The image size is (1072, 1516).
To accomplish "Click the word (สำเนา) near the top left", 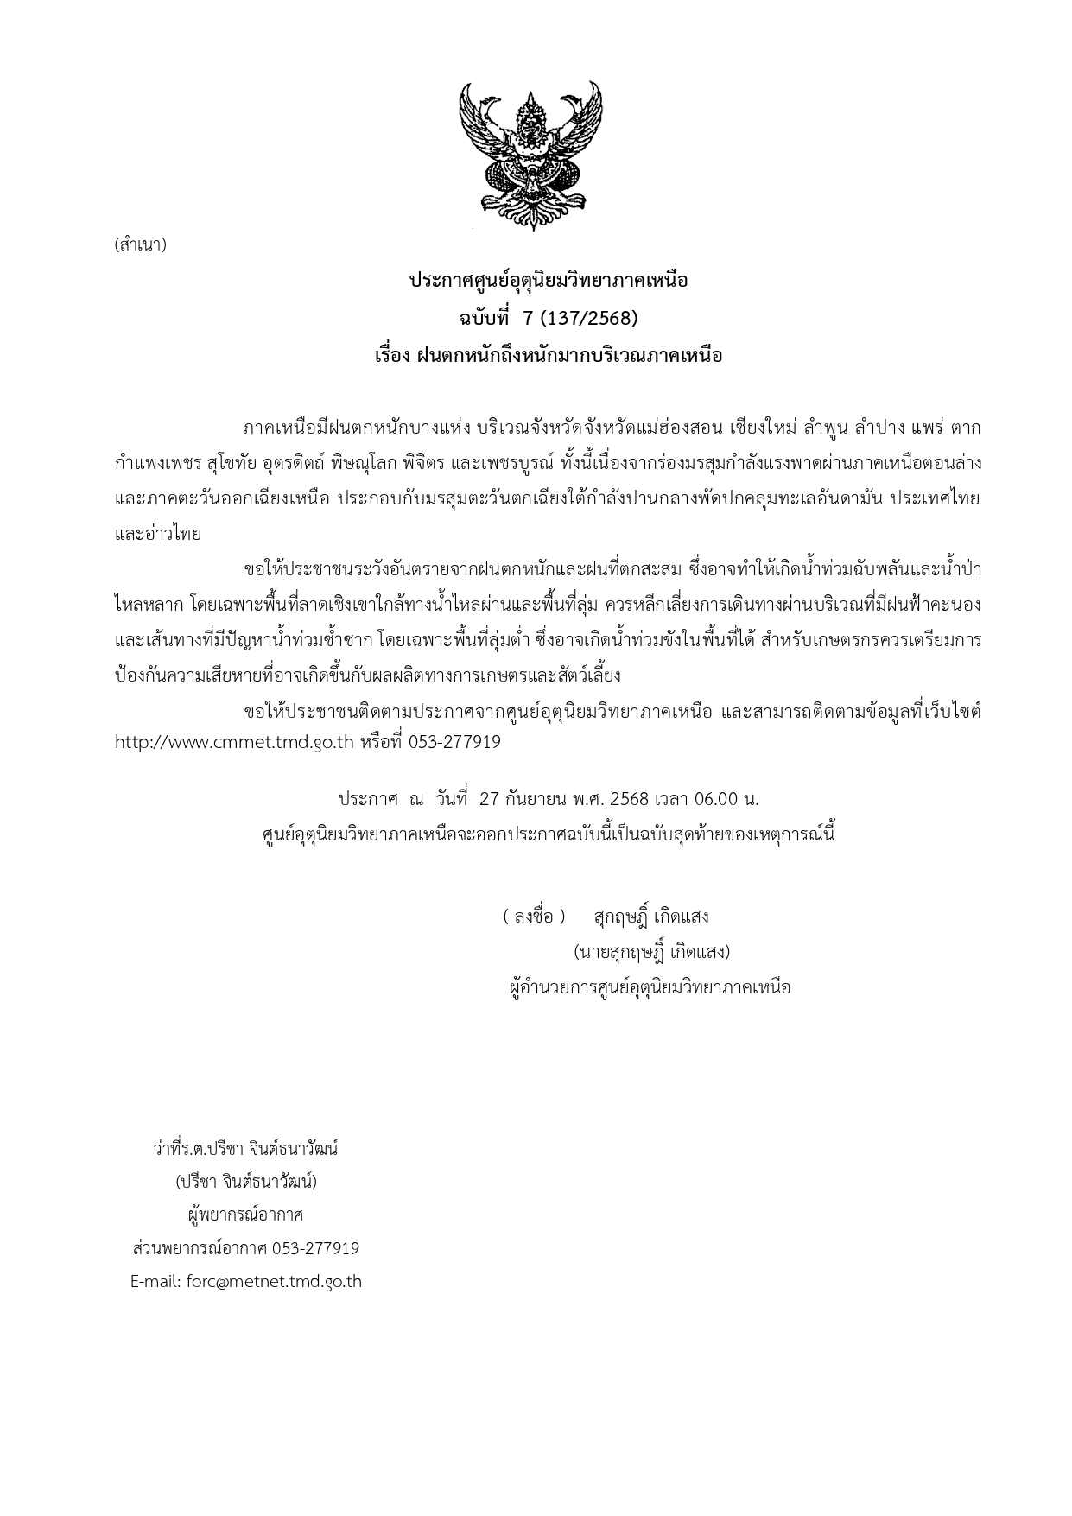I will pos(140,244).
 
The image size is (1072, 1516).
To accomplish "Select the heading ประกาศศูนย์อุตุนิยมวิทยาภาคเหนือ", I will pos(549,282).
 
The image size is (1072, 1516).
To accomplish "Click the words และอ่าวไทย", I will pos(158,535).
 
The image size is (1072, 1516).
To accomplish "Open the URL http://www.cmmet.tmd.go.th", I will pos(235,742).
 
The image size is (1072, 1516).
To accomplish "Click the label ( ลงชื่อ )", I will pos(534,917).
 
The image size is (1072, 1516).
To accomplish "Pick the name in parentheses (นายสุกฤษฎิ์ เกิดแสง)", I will pos(652,952).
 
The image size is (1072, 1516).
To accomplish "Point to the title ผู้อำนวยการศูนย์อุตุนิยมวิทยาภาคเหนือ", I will pos(650,987).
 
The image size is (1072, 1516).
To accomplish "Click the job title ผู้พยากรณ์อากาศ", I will pos(246,1215).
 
